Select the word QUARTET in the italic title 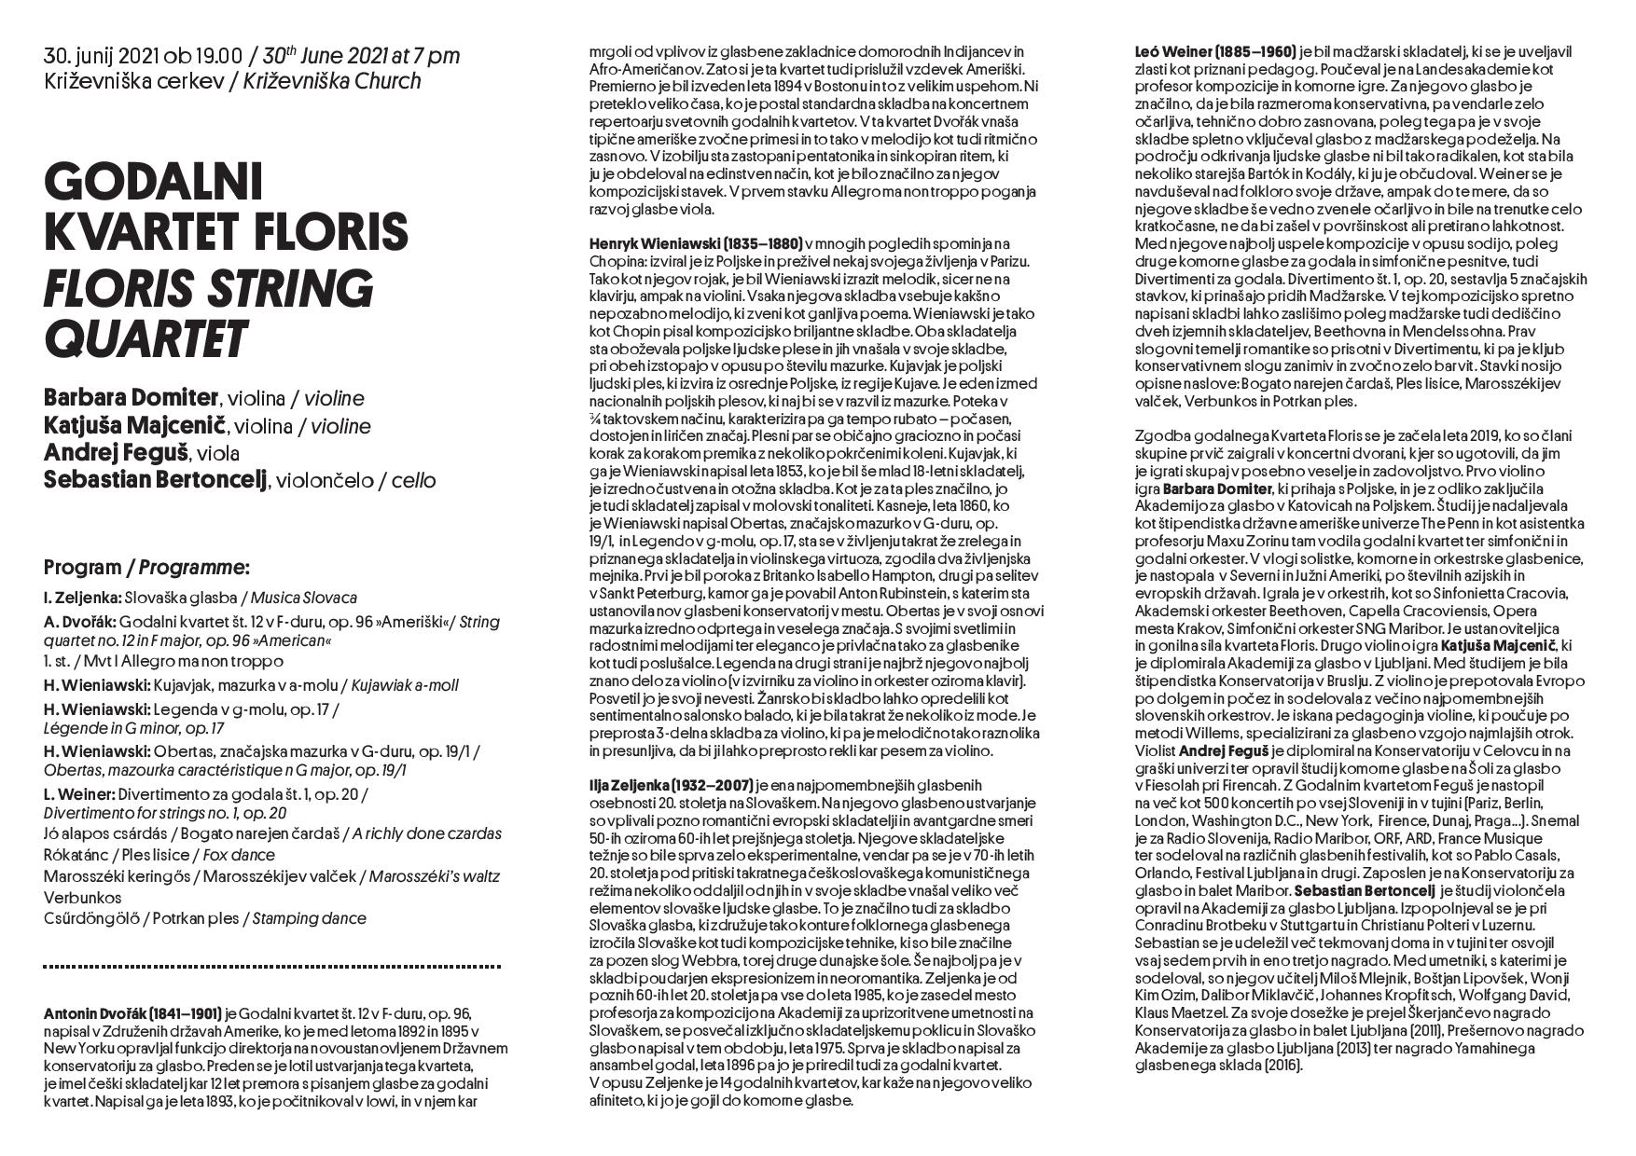145,338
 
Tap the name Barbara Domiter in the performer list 130,398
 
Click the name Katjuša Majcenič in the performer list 135,426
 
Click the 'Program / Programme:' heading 146,567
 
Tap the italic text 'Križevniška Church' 332,81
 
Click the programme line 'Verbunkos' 82,898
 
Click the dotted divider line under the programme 271,967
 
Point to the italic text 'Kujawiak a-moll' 404,685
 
